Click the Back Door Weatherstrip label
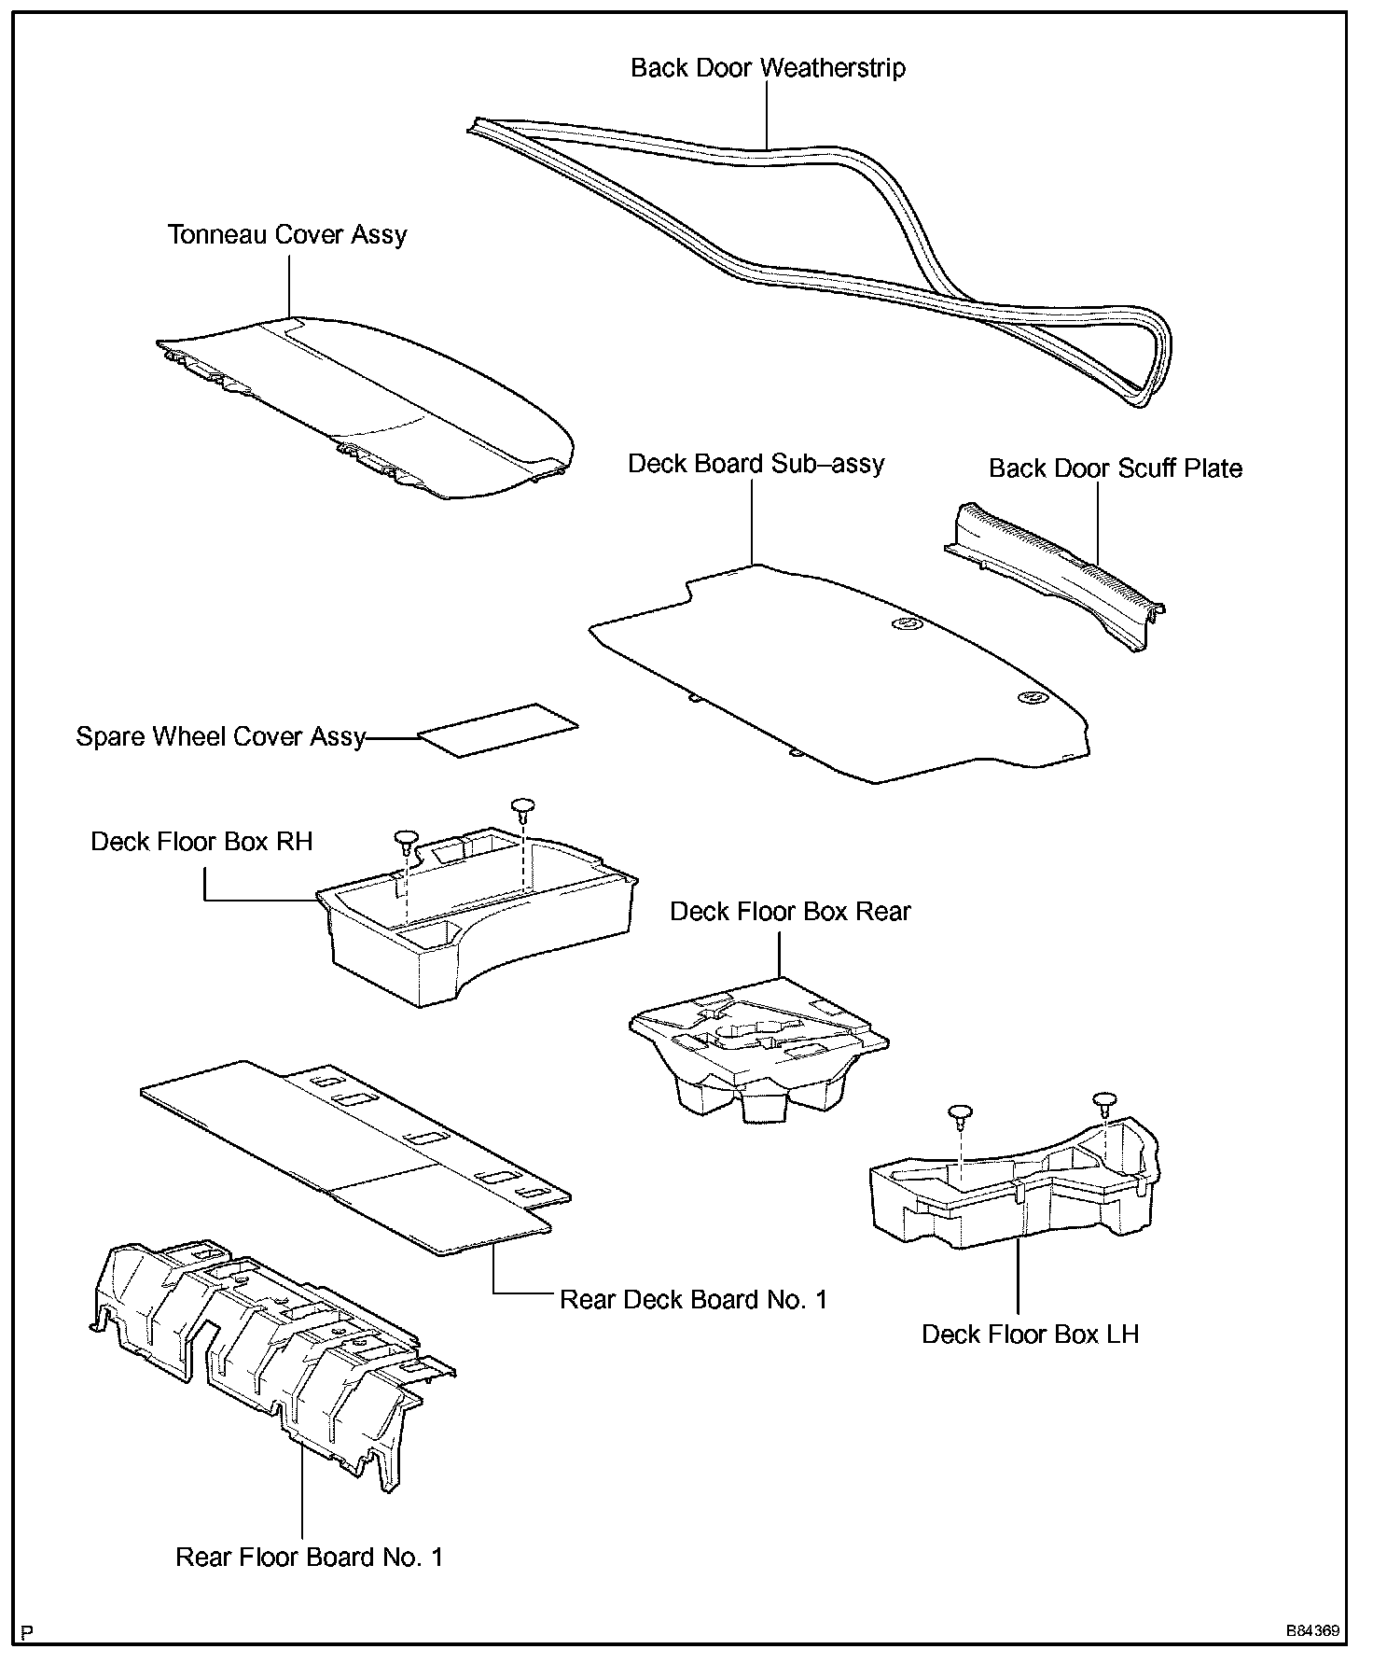coord(768,68)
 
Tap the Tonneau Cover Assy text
coord(287,234)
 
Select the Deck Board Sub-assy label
coord(756,464)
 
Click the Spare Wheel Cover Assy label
coord(220,737)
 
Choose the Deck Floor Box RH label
coord(201,842)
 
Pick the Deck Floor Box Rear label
coord(790,912)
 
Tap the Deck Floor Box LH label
coord(1030,1335)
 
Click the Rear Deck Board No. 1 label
coord(693,1300)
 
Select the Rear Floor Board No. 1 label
coord(309,1558)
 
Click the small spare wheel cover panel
coord(498,730)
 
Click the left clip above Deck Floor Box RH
coord(407,839)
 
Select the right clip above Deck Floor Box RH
coord(523,805)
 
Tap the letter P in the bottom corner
coord(27,1632)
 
